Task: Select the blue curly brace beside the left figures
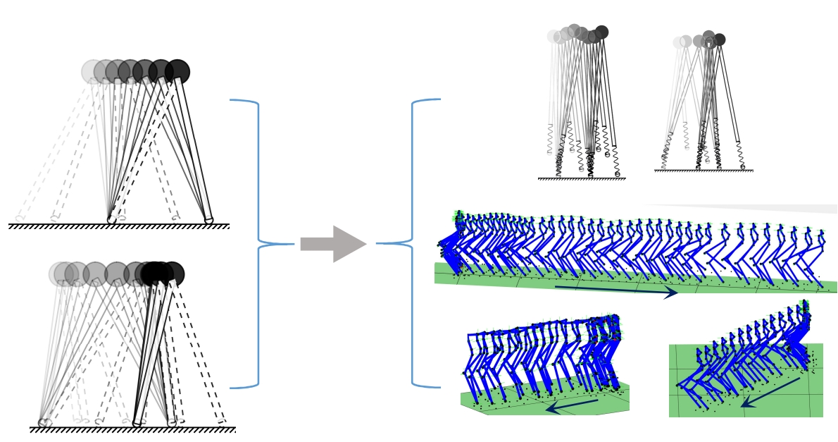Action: click(258, 244)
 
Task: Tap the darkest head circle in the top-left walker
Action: click(177, 71)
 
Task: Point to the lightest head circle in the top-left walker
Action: click(92, 71)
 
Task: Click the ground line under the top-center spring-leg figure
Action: click(582, 179)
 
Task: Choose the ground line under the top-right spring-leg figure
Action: click(703, 171)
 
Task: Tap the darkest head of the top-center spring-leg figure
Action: click(601, 32)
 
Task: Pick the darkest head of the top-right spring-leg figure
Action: click(719, 39)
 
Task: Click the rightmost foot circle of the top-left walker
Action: click(209, 221)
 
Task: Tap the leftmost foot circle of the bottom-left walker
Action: click(44, 423)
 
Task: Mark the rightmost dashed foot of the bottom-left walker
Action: click(222, 422)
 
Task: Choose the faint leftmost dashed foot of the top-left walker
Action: click(19, 219)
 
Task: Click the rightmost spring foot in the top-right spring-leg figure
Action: click(742, 166)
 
